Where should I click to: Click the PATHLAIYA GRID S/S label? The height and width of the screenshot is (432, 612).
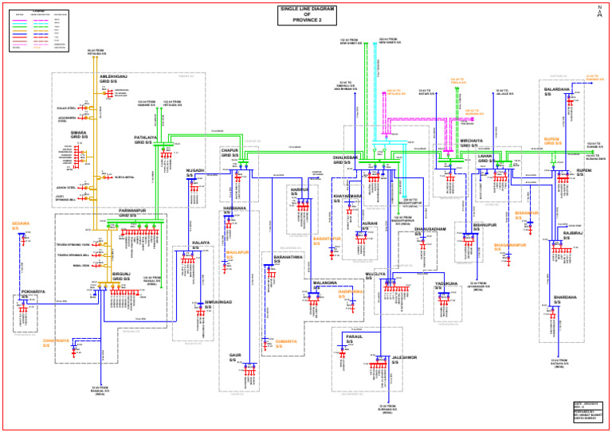tap(146, 139)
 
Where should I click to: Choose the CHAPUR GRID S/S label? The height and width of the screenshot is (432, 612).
tap(230, 153)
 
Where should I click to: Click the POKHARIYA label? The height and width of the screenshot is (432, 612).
tap(33, 292)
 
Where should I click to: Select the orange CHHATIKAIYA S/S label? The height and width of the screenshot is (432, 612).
tap(57, 343)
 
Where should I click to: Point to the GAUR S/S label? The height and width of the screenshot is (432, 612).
tap(235, 357)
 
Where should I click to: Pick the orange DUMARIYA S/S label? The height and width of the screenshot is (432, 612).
tap(286, 343)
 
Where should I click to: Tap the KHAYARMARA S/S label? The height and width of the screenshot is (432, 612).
tap(347, 197)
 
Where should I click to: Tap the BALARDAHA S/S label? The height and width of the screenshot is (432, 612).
tap(555, 91)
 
